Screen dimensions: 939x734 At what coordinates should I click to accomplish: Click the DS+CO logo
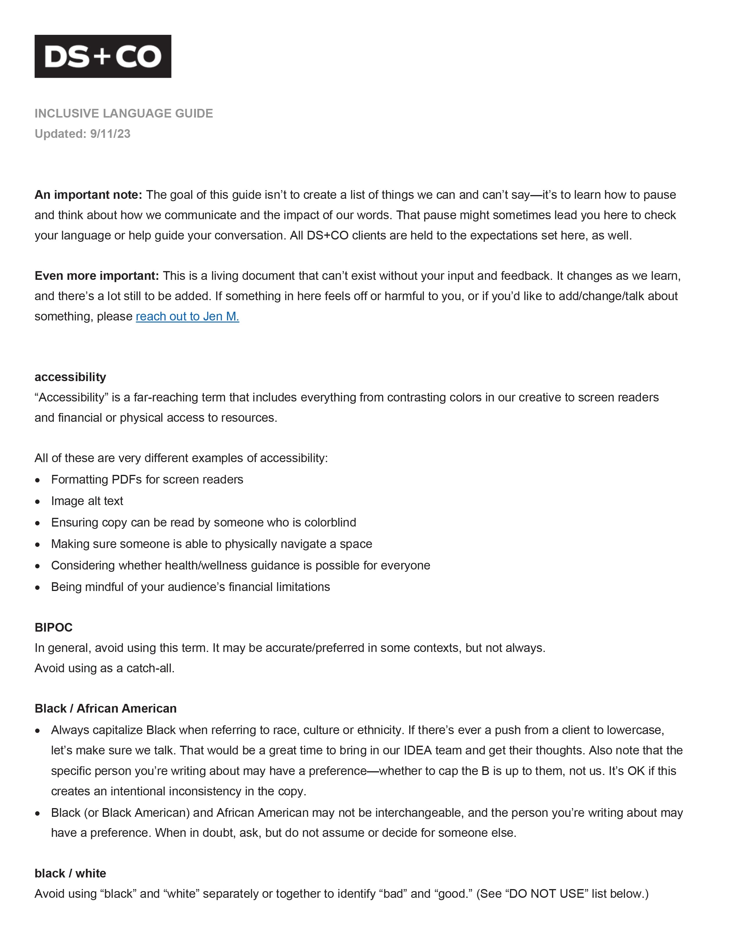pos(103,56)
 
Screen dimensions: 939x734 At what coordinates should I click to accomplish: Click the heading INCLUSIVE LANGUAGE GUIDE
pos(124,113)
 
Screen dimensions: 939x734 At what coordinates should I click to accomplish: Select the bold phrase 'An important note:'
pos(88,195)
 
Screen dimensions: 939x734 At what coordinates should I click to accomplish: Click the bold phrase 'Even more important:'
pos(97,275)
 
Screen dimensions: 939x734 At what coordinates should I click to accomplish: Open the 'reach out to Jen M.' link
pos(187,316)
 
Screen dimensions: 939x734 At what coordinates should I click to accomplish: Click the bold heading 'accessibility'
pos(70,377)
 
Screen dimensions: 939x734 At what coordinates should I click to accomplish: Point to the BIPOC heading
pos(53,628)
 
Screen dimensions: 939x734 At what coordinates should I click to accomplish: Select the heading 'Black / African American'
pos(105,709)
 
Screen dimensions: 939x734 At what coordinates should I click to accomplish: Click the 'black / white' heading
pos(70,873)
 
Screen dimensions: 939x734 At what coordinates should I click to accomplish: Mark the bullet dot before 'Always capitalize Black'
pos(38,731)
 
